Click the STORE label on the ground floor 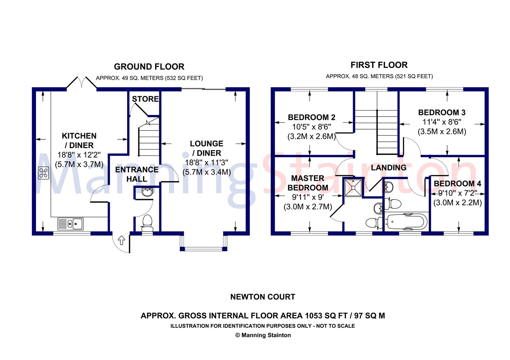pyautogui.click(x=145, y=99)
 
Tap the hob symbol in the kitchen pyautogui.click(x=44, y=173)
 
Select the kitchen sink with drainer pyautogui.click(x=71, y=224)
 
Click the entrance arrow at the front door pyautogui.click(x=122, y=240)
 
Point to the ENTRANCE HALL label pyautogui.click(x=137, y=174)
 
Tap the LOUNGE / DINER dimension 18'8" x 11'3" pyautogui.click(x=206, y=162)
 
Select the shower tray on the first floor pyautogui.click(x=353, y=187)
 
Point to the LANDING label pyautogui.click(x=389, y=168)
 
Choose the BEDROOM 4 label pyautogui.click(x=457, y=184)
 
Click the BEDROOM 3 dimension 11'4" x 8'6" pyautogui.click(x=442, y=122)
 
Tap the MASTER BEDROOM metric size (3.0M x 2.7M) pyautogui.click(x=308, y=207)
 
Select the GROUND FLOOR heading pyautogui.click(x=149, y=67)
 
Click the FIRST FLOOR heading pyautogui.click(x=379, y=65)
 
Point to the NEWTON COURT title pyautogui.click(x=263, y=297)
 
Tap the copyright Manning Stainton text pyautogui.click(x=263, y=335)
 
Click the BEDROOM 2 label pyautogui.click(x=311, y=118)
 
